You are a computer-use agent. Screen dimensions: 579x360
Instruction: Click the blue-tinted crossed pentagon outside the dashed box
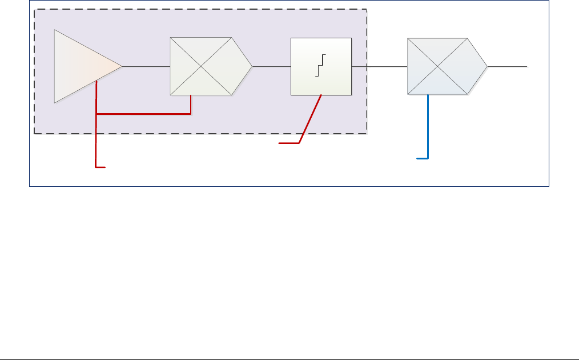coord(443,66)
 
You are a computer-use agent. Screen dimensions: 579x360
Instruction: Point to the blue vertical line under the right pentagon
coord(428,126)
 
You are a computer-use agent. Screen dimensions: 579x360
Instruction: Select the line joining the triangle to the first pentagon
coord(146,66)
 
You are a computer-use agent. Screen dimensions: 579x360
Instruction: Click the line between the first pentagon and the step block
coord(271,66)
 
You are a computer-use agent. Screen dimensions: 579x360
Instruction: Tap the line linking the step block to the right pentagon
coord(379,66)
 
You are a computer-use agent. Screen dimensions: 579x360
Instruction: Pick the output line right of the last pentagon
coord(507,66)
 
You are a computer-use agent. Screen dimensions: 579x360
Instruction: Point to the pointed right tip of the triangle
coord(122,66)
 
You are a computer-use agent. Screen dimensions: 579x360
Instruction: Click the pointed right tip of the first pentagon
coord(251,66)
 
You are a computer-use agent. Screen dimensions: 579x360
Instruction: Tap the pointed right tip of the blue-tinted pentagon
coord(487,66)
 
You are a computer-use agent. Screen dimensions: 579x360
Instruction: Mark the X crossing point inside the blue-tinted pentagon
coord(438,66)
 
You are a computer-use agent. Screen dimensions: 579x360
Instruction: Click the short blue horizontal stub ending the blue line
coord(422,158)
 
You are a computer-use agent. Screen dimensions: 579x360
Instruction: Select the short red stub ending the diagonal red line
coord(289,143)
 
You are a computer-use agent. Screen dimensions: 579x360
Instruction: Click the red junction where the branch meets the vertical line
coord(96,114)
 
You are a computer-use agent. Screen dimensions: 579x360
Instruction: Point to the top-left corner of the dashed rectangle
coord(34,9)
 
